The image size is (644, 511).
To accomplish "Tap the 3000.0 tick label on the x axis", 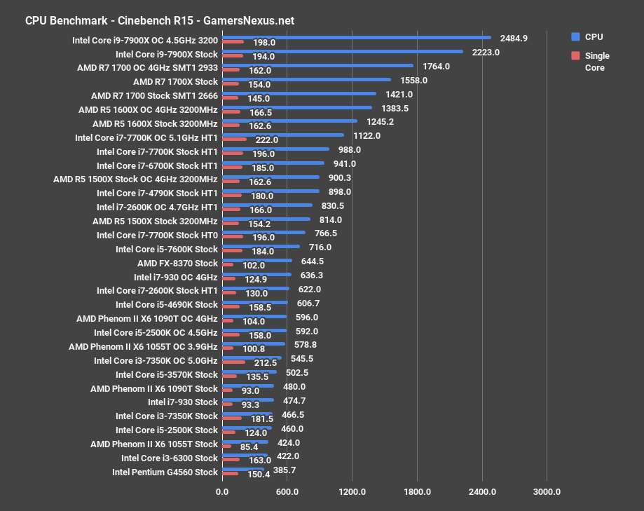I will tap(547, 491).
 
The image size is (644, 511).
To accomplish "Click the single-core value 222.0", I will tap(266, 139).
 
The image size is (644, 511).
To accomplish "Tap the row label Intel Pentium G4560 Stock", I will tap(165, 472).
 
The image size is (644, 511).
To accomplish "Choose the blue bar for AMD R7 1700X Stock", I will tap(306, 79).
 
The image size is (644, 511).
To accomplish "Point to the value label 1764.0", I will tap(435, 67).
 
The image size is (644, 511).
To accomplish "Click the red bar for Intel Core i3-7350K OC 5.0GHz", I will tap(233, 362).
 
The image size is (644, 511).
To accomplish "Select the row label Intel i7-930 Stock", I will tap(183, 402).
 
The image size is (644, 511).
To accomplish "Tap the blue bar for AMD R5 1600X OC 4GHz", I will tap(296, 107).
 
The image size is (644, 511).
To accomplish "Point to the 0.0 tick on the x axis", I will tap(221, 491).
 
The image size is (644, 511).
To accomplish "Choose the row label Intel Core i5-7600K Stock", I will tap(167, 249).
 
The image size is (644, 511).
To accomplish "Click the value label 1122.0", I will tap(366, 136).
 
